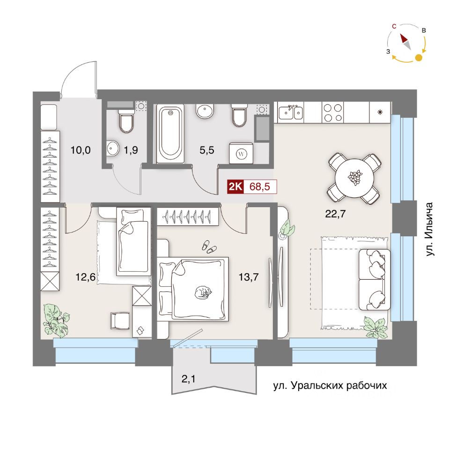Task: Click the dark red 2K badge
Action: (x=235, y=187)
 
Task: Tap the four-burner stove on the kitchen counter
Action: (x=332, y=112)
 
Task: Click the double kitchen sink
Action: (x=290, y=112)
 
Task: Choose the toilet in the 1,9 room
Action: (x=125, y=121)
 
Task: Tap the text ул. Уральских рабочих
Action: (x=331, y=386)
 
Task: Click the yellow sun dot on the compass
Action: (x=419, y=58)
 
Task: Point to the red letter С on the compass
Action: (x=395, y=27)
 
